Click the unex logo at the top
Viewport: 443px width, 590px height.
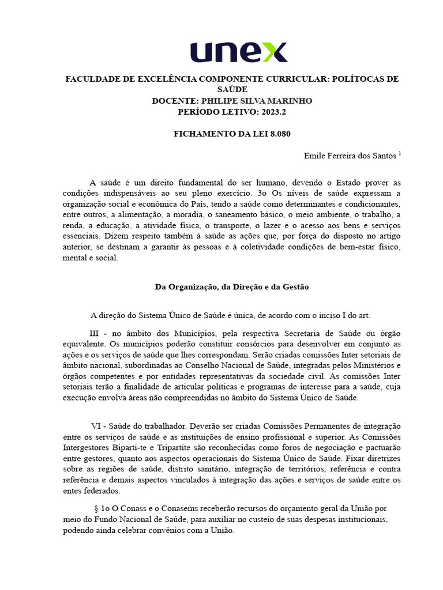238,51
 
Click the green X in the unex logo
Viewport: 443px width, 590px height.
273,52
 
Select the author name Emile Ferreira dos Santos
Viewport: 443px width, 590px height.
350,156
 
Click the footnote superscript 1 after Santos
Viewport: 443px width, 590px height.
400,154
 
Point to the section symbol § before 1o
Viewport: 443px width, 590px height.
96,509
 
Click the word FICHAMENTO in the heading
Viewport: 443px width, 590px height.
199,134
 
